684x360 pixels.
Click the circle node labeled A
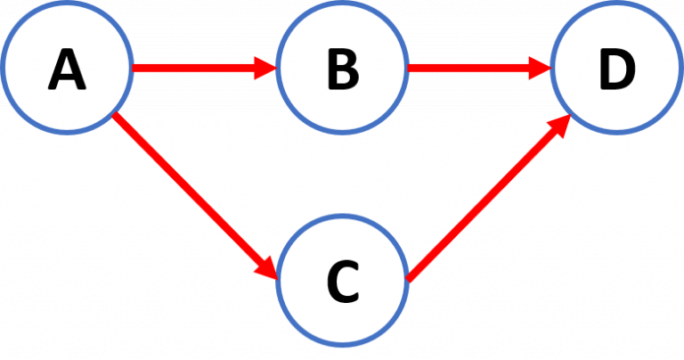67,68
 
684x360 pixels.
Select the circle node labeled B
342,68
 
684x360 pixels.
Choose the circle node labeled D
617,68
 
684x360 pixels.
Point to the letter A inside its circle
67,70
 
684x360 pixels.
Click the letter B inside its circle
342,70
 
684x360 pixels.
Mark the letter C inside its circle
342,283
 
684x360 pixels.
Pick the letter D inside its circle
617,70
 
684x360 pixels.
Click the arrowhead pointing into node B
265,67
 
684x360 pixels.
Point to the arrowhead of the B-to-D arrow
540,67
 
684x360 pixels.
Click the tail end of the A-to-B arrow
136,67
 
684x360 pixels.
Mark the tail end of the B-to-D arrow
411,67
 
